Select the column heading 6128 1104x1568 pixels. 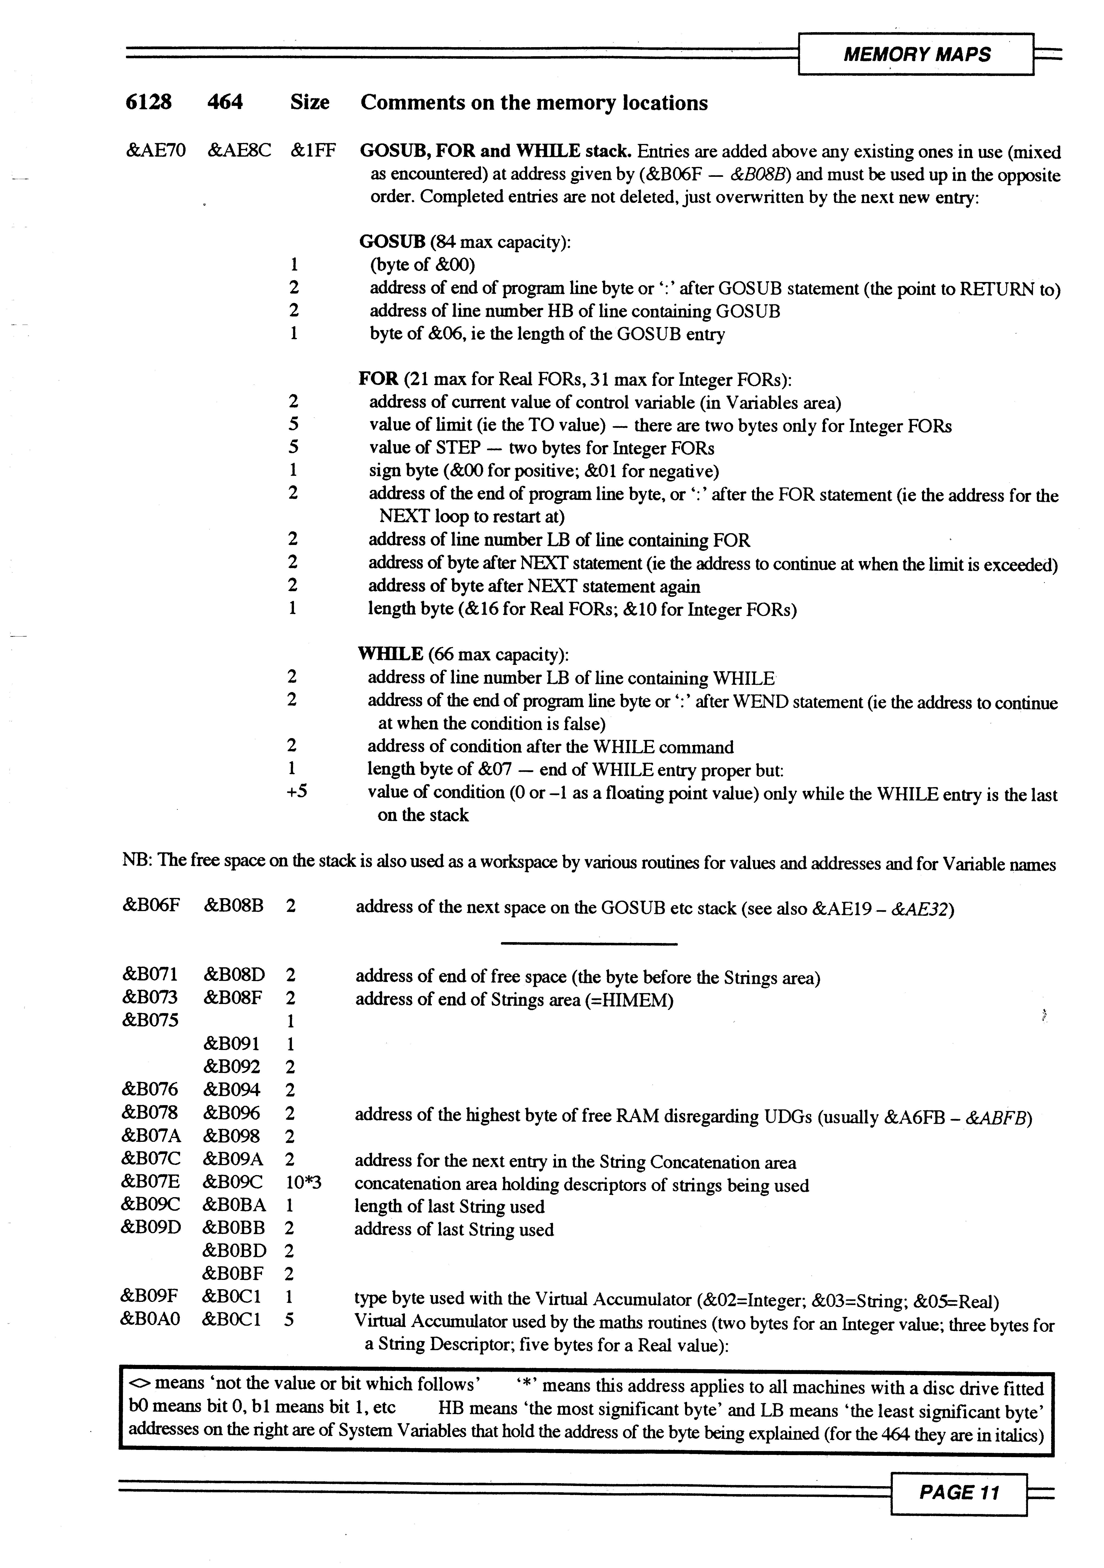pyautogui.click(x=149, y=102)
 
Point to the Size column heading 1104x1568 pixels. pyautogui.click(x=309, y=102)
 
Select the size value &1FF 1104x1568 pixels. pyautogui.click(x=313, y=151)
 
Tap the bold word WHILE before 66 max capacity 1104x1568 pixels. pyautogui.click(x=390, y=654)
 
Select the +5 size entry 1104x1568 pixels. pyautogui.click(x=297, y=792)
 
